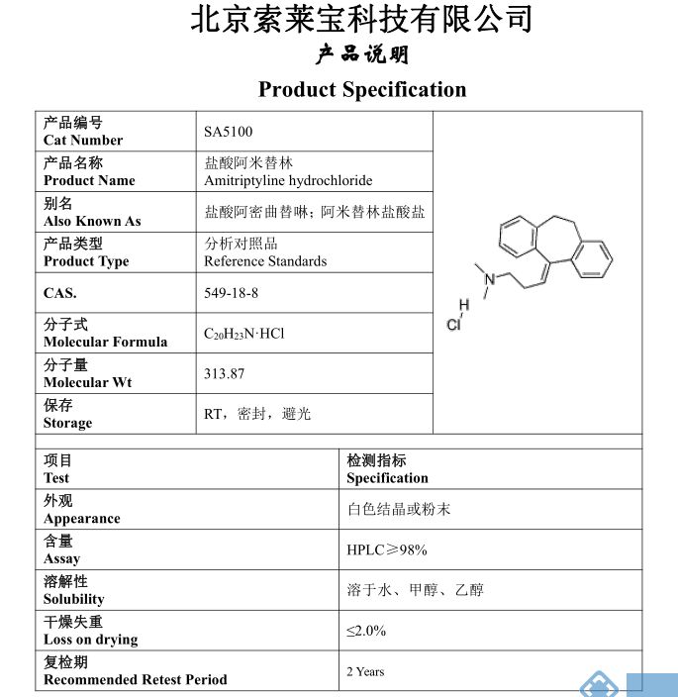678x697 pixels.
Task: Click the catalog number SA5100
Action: point(222,132)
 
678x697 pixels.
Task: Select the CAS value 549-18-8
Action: point(232,293)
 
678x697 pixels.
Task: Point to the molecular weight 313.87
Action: point(224,374)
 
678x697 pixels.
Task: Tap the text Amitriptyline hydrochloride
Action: point(288,181)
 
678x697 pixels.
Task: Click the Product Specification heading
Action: point(362,90)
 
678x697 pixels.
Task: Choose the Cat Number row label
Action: point(83,141)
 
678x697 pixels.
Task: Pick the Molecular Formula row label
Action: point(105,343)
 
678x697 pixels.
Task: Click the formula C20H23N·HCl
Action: point(243,335)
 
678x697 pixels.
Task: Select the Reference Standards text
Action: point(265,261)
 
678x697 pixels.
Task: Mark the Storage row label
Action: point(67,424)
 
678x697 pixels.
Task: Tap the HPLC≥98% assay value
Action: point(386,550)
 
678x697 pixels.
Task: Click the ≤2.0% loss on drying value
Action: point(366,631)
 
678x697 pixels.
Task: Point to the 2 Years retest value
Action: point(365,671)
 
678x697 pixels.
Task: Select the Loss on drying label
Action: point(90,640)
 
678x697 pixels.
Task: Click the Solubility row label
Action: point(73,599)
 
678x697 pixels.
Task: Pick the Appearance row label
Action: point(81,519)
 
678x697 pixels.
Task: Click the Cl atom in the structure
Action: point(453,325)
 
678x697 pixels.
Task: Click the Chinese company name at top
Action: point(361,20)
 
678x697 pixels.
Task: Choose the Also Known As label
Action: point(92,222)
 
